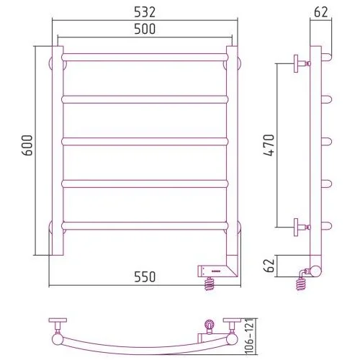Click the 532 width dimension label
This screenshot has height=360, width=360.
pyautogui.click(x=145, y=12)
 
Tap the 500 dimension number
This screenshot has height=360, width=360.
pyautogui.click(x=145, y=29)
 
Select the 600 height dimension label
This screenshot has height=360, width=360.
pyautogui.click(x=27, y=145)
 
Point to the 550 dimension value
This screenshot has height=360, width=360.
pyautogui.click(x=145, y=276)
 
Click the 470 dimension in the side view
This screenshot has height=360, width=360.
pyautogui.click(x=269, y=145)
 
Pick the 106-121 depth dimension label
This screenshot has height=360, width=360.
pyautogui.click(x=250, y=336)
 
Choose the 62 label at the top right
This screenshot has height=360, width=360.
pyautogui.click(x=320, y=12)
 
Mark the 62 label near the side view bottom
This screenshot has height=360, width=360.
pyautogui.click(x=269, y=266)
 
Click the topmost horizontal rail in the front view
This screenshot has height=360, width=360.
pyautogui.click(x=145, y=58)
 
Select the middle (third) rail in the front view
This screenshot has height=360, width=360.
pyautogui.click(x=145, y=142)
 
